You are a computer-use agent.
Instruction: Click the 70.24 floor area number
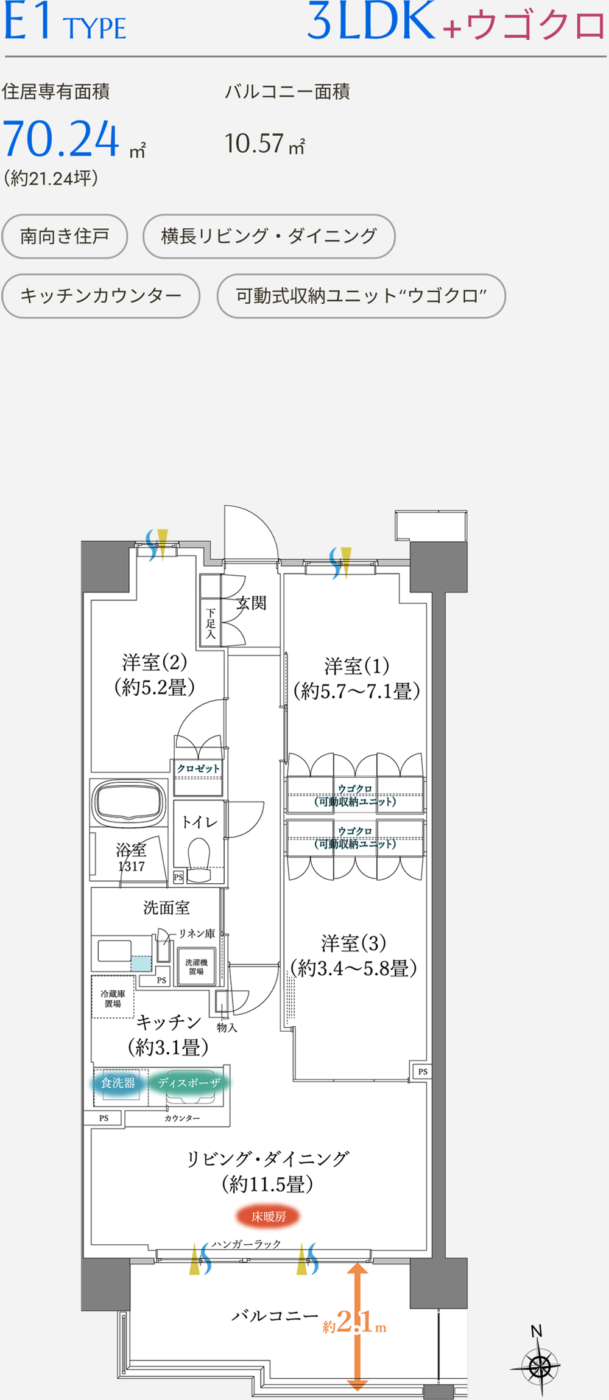pyautogui.click(x=62, y=139)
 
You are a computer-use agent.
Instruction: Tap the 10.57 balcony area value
pyautogui.click(x=254, y=144)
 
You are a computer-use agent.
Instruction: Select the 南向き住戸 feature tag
pyautogui.click(x=65, y=236)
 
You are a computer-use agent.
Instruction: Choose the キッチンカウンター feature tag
pyautogui.click(x=101, y=296)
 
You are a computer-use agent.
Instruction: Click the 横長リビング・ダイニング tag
pyautogui.click(x=269, y=236)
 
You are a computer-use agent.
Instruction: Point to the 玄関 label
pyautogui.click(x=252, y=603)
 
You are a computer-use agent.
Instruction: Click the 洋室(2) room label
pyautogui.click(x=155, y=662)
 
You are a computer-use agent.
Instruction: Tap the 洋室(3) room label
pyautogui.click(x=354, y=943)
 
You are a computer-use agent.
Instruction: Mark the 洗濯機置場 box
pyautogui.click(x=196, y=967)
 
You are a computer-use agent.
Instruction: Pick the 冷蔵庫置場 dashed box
pyautogui.click(x=113, y=996)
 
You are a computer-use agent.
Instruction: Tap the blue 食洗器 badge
pyautogui.click(x=118, y=1083)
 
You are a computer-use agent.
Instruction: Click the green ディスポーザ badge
pyautogui.click(x=189, y=1083)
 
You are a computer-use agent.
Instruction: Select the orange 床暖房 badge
pyautogui.click(x=269, y=1216)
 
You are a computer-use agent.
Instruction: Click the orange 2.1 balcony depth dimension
pyautogui.click(x=353, y=1321)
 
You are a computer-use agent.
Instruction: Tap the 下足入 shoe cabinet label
pyautogui.click(x=211, y=623)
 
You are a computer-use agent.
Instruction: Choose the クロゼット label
pyautogui.click(x=199, y=769)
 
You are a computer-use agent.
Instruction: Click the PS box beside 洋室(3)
pyautogui.click(x=423, y=1071)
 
